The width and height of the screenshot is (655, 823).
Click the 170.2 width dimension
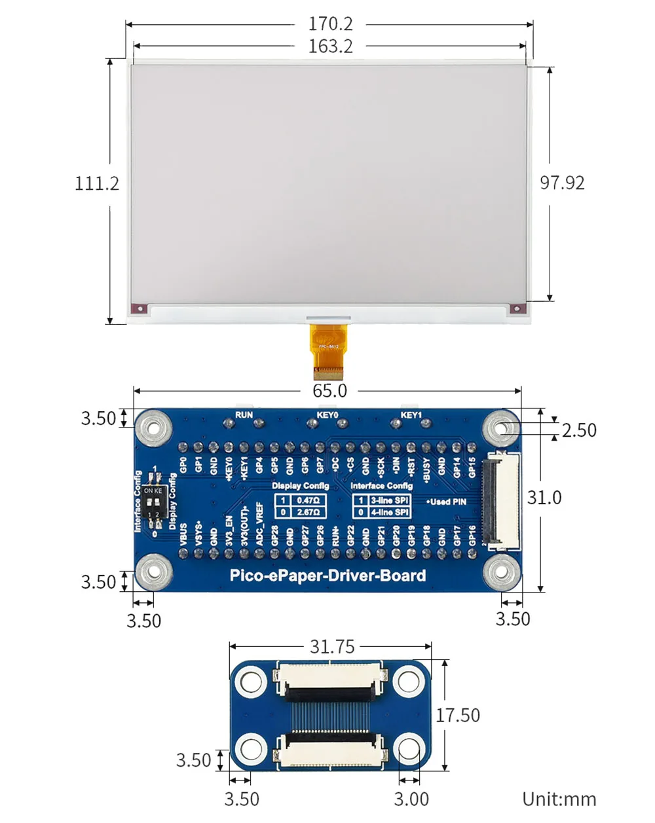(x=330, y=24)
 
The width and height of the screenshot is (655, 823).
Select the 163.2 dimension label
(x=330, y=46)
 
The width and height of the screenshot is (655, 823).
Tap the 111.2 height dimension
(x=97, y=183)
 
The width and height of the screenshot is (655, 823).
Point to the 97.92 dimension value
(x=562, y=183)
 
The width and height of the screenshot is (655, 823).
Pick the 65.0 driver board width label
(x=329, y=391)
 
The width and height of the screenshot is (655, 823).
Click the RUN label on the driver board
(x=244, y=415)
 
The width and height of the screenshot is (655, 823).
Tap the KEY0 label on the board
(x=327, y=415)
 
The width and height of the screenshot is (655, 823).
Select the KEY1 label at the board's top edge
(x=411, y=415)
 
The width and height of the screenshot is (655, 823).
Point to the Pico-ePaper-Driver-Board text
(x=327, y=576)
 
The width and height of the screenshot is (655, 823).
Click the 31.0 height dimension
(x=544, y=498)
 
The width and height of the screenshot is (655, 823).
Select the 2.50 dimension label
(x=579, y=430)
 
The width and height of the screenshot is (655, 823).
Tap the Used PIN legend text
(x=447, y=502)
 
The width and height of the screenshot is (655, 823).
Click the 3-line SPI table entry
(x=389, y=500)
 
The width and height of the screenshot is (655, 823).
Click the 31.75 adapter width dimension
(x=331, y=647)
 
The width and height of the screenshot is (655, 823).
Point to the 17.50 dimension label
(x=458, y=716)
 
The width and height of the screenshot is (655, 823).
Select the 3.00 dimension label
(x=411, y=799)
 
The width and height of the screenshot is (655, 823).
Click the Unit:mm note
(x=559, y=799)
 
